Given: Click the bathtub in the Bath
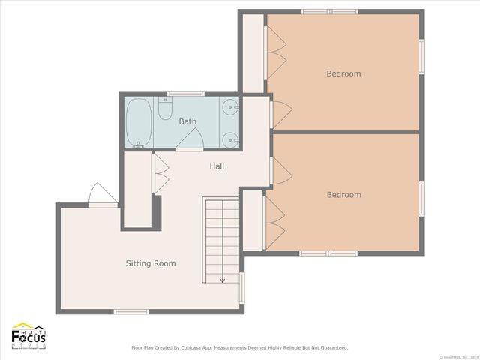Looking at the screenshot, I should [137, 121].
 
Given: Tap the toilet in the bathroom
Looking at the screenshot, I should [165, 110].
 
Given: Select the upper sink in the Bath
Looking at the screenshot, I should [230, 106].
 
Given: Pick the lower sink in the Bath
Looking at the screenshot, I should [230, 138].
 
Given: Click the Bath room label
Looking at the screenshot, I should [187, 121].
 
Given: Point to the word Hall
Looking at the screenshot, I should [216, 166].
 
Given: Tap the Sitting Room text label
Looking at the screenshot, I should [150, 263].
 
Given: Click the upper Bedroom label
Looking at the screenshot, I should [343, 73].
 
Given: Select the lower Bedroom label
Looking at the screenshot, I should [343, 195].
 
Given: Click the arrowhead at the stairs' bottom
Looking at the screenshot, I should [222, 280].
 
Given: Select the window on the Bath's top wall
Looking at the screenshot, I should [185, 94].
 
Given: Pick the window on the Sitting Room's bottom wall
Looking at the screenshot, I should [131, 311].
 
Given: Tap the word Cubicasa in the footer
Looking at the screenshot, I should [205, 348].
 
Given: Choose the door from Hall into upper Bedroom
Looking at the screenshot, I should [277, 114].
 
